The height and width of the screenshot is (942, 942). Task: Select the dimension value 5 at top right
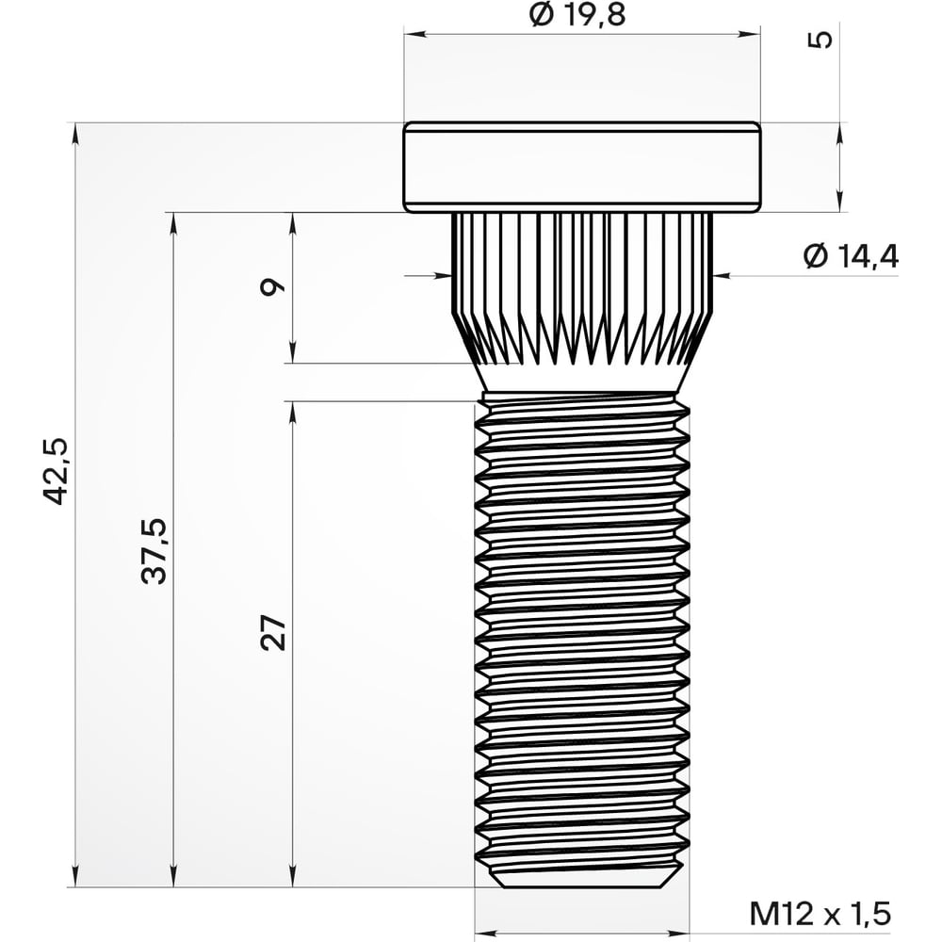click(821, 40)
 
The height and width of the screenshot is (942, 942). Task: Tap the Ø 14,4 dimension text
click(850, 256)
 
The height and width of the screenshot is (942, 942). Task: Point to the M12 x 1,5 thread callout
click(820, 913)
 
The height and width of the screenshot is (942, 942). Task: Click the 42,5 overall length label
click(57, 471)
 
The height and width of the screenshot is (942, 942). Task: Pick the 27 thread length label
click(273, 633)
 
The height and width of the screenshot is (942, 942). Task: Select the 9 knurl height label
click(273, 287)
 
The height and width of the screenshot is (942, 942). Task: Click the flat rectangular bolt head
click(582, 167)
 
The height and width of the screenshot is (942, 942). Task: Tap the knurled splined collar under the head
click(582, 283)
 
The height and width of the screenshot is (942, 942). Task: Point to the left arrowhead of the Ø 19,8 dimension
click(411, 35)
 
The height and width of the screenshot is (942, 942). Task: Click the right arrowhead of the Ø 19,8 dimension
click(754, 35)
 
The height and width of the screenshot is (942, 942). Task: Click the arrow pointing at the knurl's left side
click(444, 275)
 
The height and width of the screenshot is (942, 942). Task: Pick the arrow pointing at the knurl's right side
click(721, 275)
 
